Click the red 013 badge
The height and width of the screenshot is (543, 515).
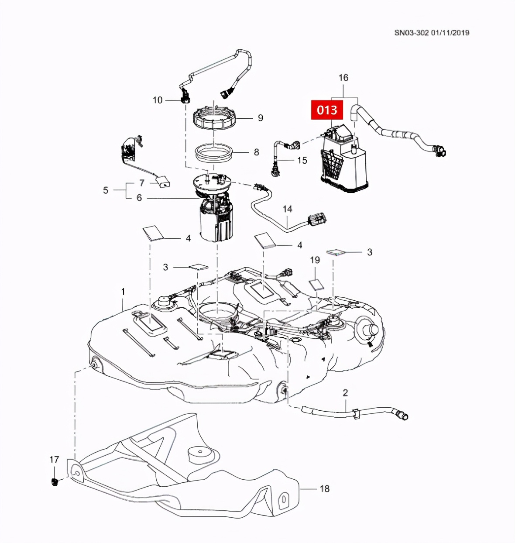(x=327, y=110)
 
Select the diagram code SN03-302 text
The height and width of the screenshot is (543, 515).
(x=412, y=33)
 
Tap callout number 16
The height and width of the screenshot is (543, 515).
(x=343, y=78)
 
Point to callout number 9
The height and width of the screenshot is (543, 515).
(x=261, y=118)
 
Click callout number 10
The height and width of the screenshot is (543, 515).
(x=158, y=100)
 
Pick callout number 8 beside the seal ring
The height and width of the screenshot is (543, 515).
(x=257, y=152)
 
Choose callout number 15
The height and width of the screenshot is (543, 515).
(x=302, y=161)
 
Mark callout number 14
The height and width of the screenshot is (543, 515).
(x=287, y=209)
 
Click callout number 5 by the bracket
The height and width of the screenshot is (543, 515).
(x=106, y=190)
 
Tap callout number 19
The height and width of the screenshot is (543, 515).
(x=315, y=260)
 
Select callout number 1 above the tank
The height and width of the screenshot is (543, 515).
(x=123, y=291)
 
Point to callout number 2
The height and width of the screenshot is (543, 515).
(x=345, y=392)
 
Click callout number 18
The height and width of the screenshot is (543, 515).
(x=324, y=488)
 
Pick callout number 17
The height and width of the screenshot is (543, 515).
(x=54, y=460)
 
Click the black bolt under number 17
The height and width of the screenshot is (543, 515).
(x=55, y=482)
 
